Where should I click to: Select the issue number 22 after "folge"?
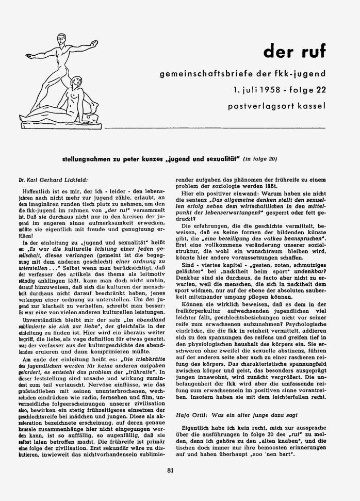click(320, 90)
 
